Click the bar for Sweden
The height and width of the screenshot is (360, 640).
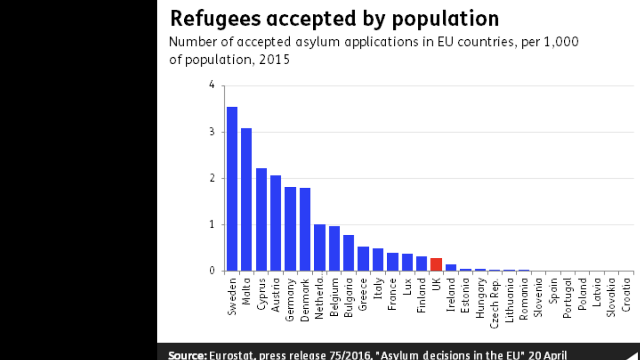tap(232, 189)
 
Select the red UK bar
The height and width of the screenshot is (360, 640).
tap(436, 264)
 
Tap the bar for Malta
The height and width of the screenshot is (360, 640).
tap(247, 199)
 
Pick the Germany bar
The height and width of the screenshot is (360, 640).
tap(290, 229)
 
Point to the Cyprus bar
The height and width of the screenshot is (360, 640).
tap(261, 219)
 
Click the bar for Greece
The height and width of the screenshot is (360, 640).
tap(363, 259)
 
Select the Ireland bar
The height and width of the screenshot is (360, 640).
tap(451, 268)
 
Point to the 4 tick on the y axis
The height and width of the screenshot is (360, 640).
tap(212, 86)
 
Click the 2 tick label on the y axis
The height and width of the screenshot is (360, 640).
tap(212, 179)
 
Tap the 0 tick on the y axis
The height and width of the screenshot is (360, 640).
tap(212, 271)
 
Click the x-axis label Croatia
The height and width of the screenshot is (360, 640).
tap(626, 294)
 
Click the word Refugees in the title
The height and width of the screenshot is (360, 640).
tap(215, 19)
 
